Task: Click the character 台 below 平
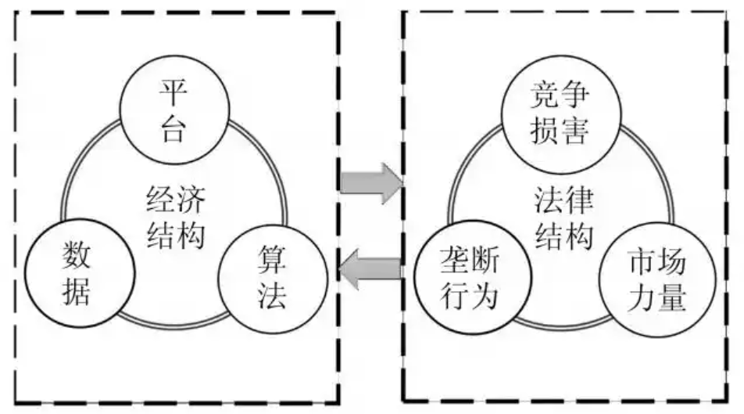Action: (x=174, y=128)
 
